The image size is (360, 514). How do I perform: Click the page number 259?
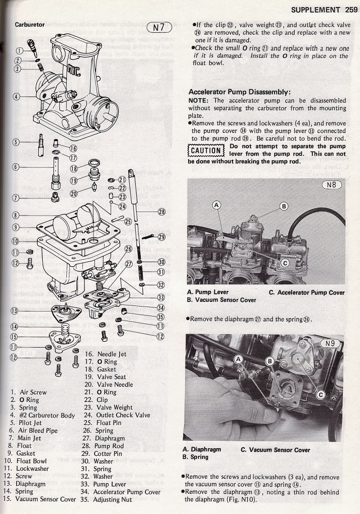click(x=351, y=10)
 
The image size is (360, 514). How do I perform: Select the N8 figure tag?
click(x=331, y=184)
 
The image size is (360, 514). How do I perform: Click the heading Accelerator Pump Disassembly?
click(x=239, y=92)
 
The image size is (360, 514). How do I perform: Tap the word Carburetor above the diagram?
click(x=30, y=25)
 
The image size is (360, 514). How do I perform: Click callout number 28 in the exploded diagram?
click(x=161, y=212)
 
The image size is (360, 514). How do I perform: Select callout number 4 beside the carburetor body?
click(x=17, y=96)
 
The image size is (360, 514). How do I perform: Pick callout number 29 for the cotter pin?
click(x=161, y=237)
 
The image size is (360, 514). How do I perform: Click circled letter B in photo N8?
click(x=284, y=206)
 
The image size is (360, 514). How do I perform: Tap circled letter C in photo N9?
click(x=319, y=395)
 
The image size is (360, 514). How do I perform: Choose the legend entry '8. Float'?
click(x=21, y=445)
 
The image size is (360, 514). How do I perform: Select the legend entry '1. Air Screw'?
click(x=28, y=392)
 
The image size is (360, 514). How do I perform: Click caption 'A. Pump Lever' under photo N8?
click(x=208, y=292)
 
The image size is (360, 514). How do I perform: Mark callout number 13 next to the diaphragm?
click(x=14, y=311)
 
